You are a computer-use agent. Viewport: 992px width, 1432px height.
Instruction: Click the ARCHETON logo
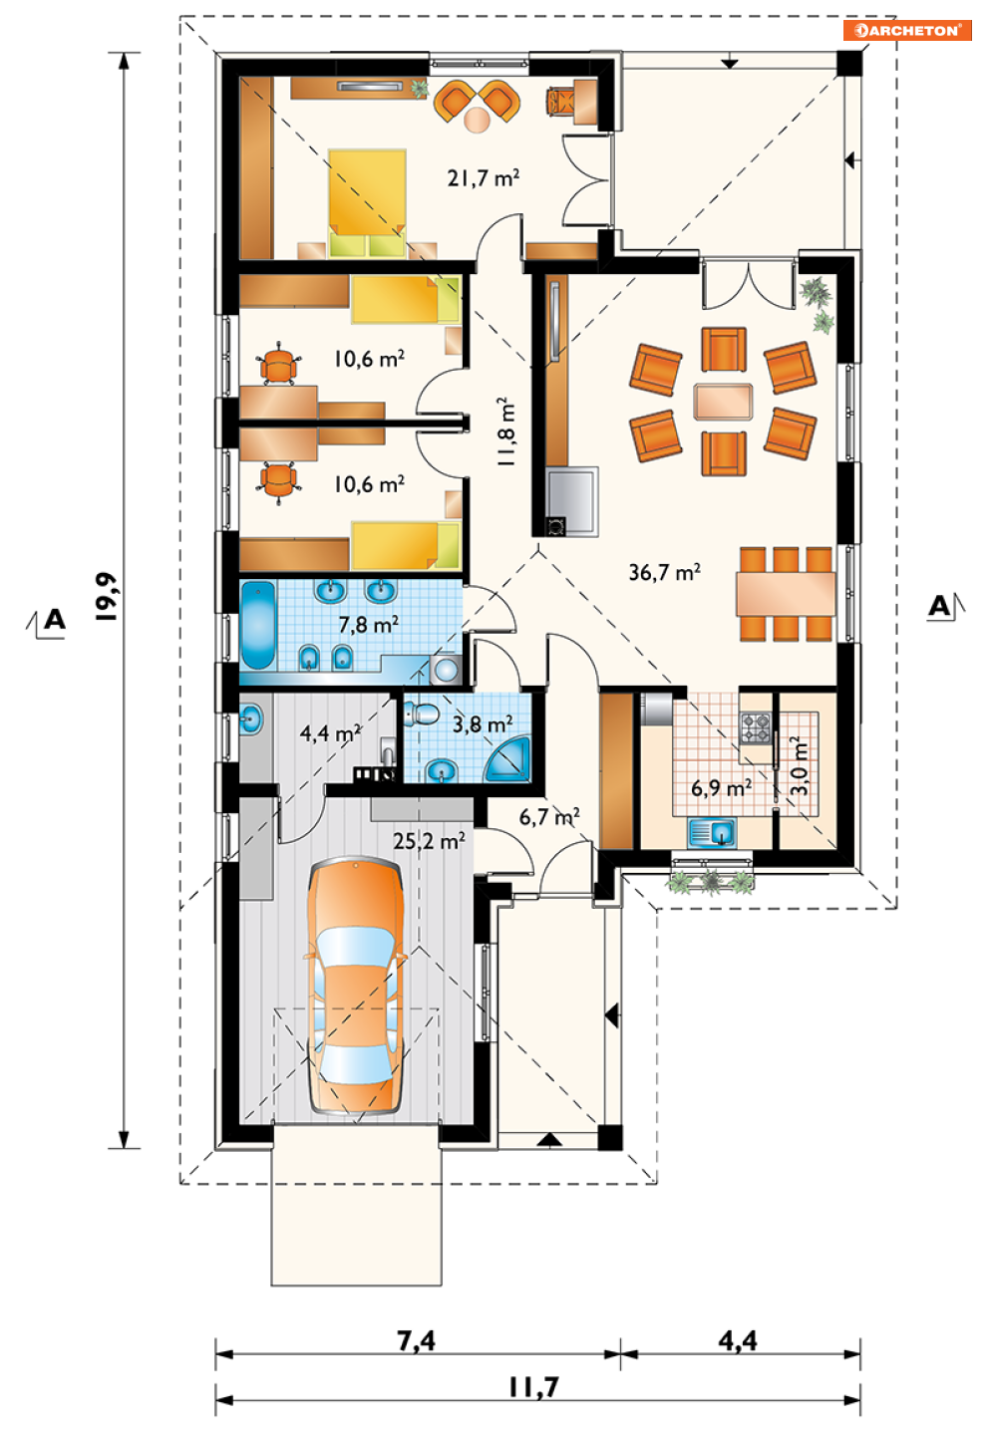[907, 30]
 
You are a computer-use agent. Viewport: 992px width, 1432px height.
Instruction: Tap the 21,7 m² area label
[483, 177]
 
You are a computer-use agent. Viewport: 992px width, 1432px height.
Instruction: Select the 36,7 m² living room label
[665, 572]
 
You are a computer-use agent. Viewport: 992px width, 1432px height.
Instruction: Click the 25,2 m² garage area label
[429, 841]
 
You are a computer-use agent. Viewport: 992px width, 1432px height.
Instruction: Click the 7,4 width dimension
[417, 1340]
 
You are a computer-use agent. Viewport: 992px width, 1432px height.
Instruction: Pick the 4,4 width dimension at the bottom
[738, 1340]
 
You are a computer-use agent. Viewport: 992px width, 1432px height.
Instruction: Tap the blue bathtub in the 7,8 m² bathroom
[258, 625]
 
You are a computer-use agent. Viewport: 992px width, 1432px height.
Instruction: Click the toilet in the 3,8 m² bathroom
[422, 713]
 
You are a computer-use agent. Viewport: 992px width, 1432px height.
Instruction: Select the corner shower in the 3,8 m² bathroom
[509, 760]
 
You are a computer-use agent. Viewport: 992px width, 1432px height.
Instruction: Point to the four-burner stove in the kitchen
[756, 728]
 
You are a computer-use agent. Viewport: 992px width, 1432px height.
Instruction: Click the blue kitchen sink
[712, 833]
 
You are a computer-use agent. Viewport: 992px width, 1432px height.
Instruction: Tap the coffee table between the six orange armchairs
[724, 402]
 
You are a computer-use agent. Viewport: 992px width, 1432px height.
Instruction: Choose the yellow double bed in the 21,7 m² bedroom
[368, 203]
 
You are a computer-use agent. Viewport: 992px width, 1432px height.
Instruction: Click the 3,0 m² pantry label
[800, 766]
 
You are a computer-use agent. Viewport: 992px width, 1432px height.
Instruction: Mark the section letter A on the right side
[939, 605]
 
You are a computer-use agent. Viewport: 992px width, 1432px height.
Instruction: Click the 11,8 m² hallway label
[506, 431]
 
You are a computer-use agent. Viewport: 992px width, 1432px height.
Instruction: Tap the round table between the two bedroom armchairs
[478, 120]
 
